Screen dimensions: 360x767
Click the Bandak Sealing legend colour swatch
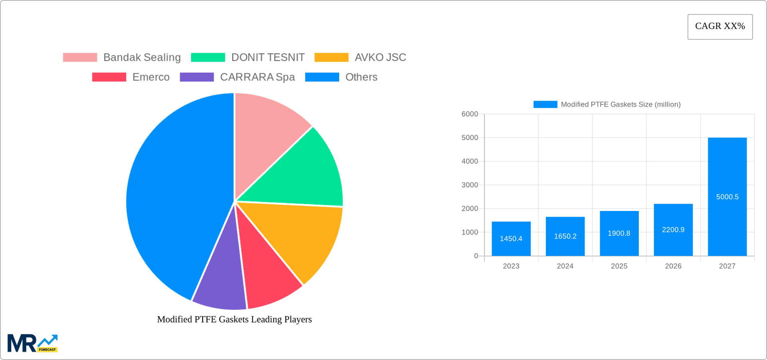[80, 58]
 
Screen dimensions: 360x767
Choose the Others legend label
[361, 77]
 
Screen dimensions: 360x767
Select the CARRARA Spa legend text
[257, 77]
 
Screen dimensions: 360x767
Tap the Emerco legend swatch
[109, 77]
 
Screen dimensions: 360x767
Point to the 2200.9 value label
[673, 230]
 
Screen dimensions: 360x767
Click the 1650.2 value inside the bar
[565, 236]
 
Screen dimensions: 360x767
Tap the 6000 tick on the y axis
[470, 114]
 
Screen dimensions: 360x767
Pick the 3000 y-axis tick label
[470, 185]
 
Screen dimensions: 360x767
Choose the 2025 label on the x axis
[619, 266]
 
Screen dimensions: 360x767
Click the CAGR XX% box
[720, 27]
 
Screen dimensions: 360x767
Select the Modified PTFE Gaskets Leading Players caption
[234, 319]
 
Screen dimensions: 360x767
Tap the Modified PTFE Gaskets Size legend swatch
[545, 104]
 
